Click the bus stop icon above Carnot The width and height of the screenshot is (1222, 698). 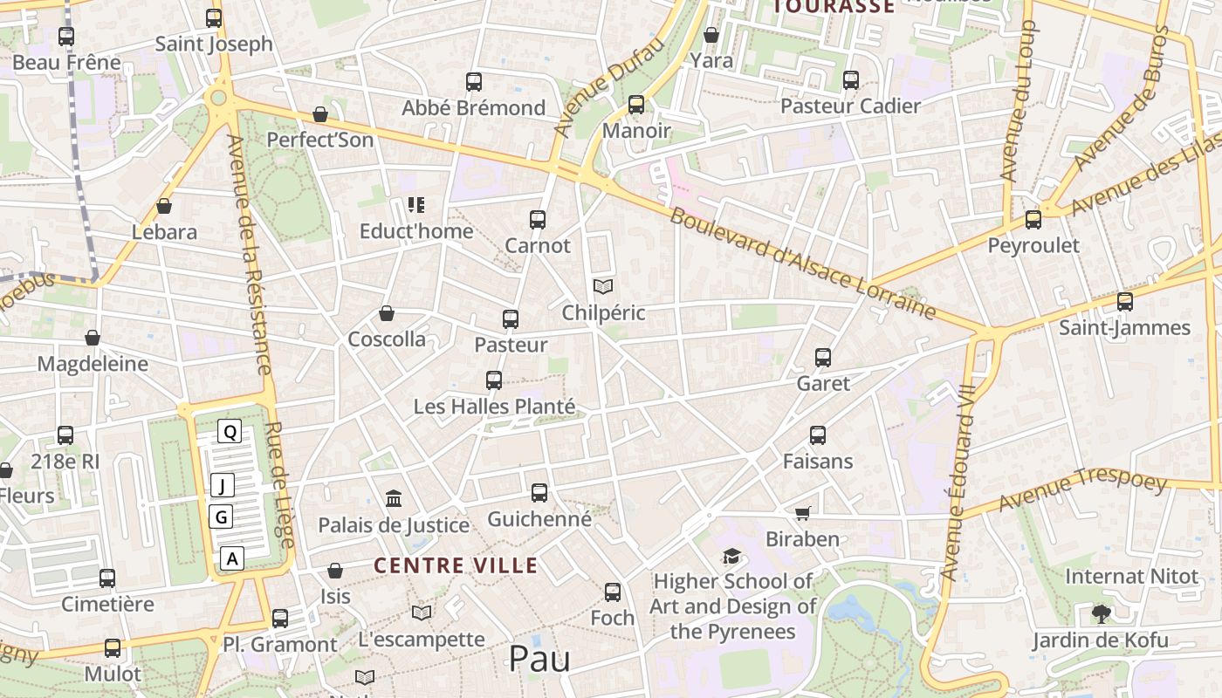538,220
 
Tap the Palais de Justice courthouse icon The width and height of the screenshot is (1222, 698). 394,499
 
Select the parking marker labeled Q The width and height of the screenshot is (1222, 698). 230,431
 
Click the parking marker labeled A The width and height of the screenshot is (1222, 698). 231,558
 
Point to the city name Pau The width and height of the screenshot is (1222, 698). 539,659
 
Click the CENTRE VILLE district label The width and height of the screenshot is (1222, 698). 456,565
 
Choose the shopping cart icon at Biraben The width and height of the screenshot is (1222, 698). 802,513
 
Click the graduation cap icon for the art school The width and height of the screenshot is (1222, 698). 731,556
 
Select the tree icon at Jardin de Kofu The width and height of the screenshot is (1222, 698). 1102,614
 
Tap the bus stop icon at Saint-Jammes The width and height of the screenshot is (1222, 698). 1125,302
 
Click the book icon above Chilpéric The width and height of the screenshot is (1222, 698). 603,286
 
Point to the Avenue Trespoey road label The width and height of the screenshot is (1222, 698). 1082,490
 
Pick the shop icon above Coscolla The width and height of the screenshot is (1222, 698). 387,313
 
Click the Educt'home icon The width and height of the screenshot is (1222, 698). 416,205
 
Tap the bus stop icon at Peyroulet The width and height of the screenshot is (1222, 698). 1033,220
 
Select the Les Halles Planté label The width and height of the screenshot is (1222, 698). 494,407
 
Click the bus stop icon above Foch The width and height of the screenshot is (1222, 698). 613,592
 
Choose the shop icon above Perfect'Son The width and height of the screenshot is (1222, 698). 320,114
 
